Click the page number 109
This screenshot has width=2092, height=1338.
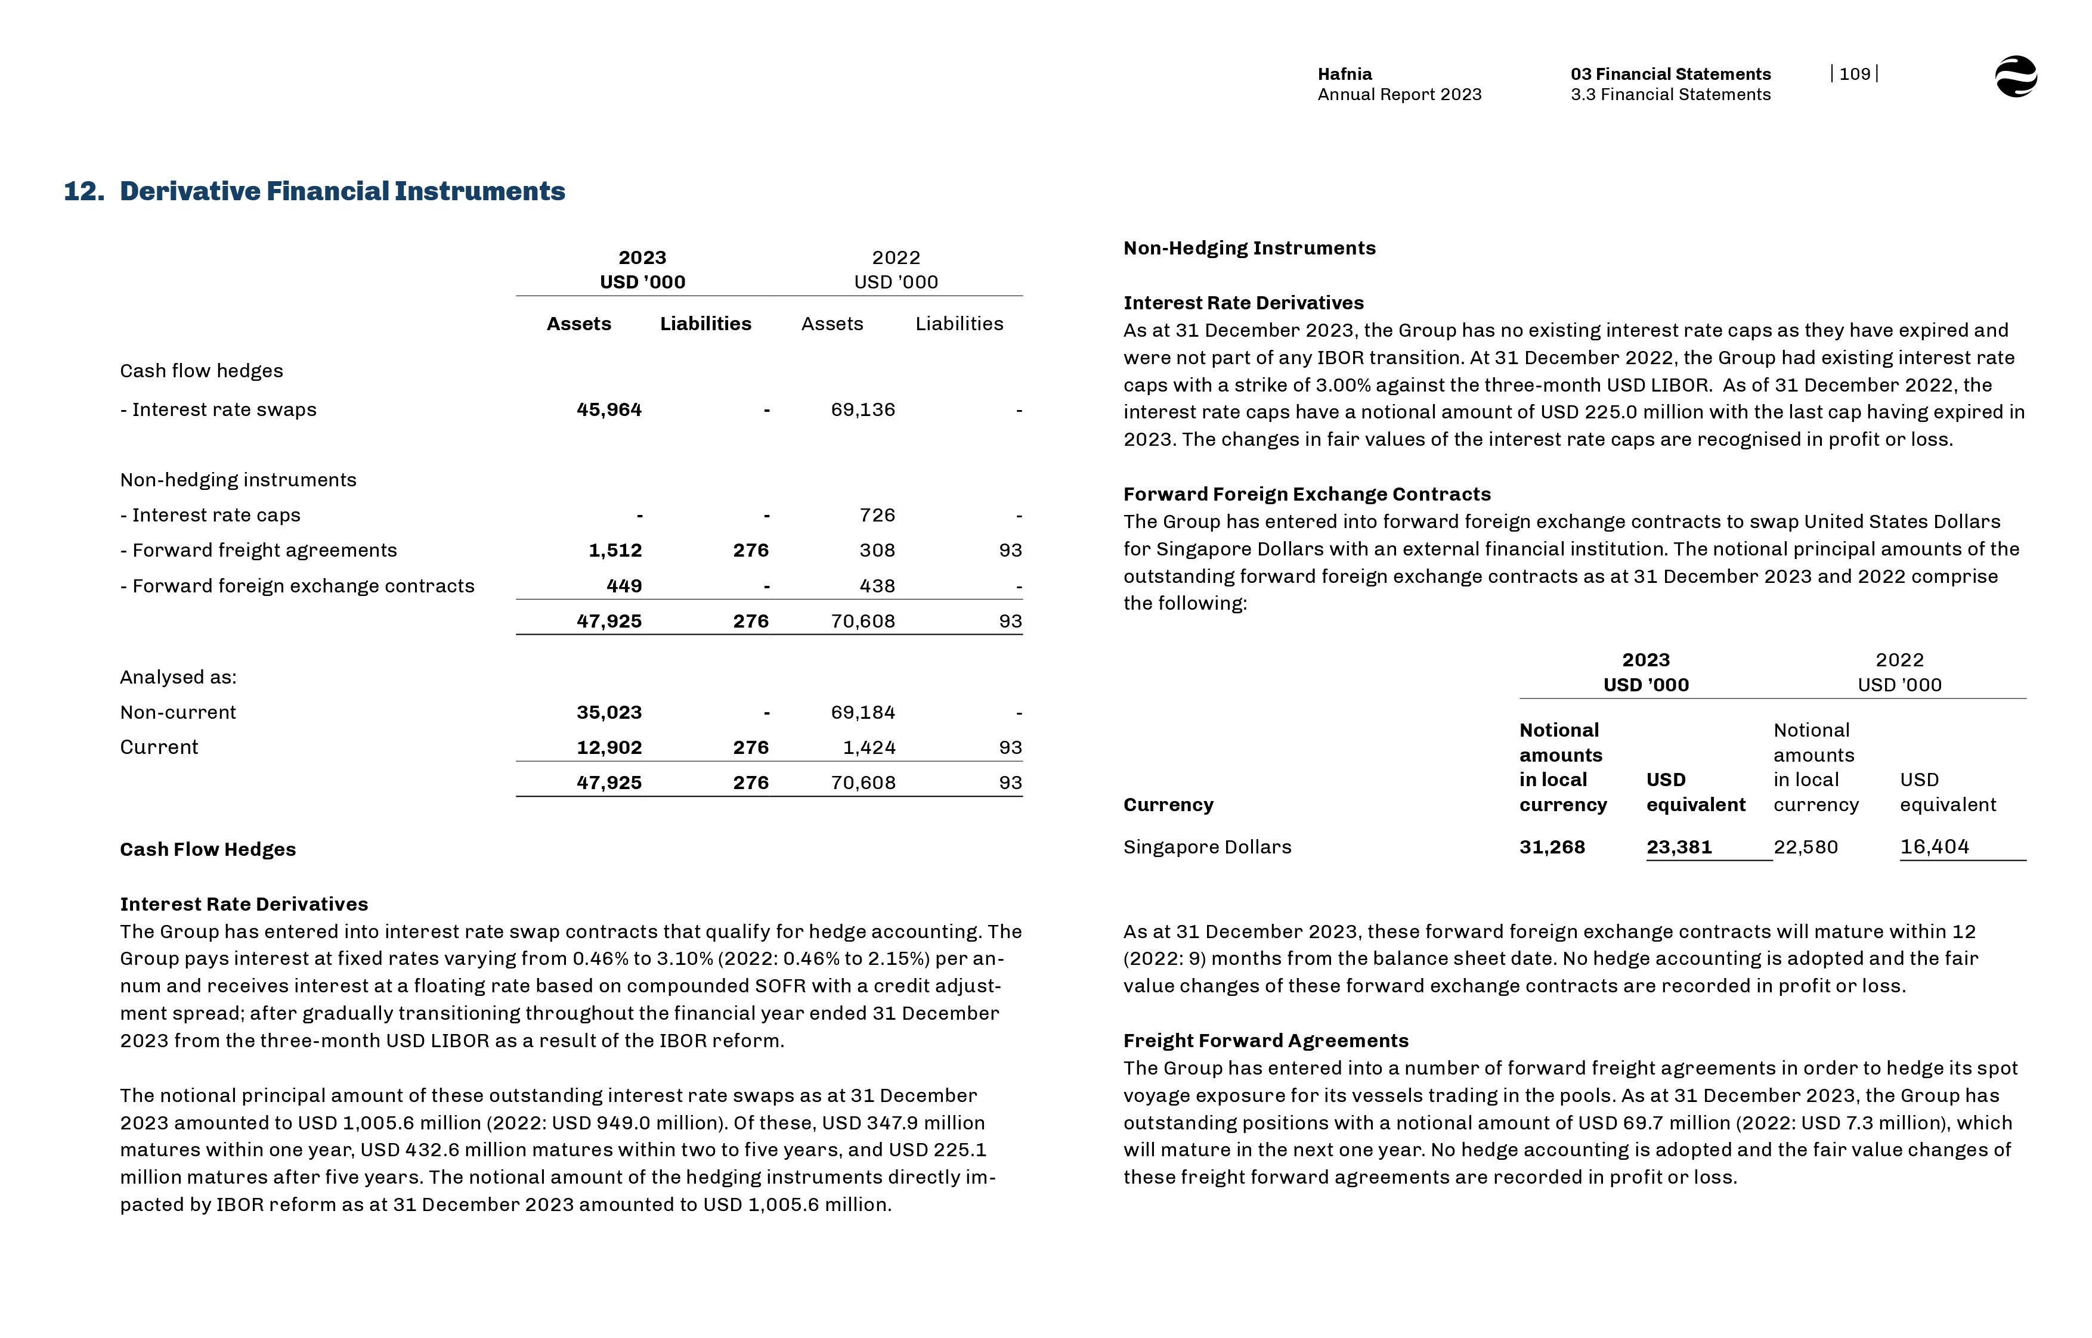[x=1854, y=74]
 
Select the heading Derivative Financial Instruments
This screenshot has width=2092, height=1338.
[x=342, y=191]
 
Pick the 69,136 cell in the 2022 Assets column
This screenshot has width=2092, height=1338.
[x=862, y=409]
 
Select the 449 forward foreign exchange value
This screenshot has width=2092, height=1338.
[x=623, y=586]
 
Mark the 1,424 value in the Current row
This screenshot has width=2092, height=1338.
[x=868, y=747]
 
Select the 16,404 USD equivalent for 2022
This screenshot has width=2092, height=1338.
[x=1934, y=847]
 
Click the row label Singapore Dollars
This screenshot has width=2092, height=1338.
[x=1206, y=847]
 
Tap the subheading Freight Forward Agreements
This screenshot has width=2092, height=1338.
[x=1265, y=1041]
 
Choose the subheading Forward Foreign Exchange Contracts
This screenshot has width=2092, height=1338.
[x=1306, y=494]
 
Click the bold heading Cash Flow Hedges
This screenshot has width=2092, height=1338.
[x=208, y=850]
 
